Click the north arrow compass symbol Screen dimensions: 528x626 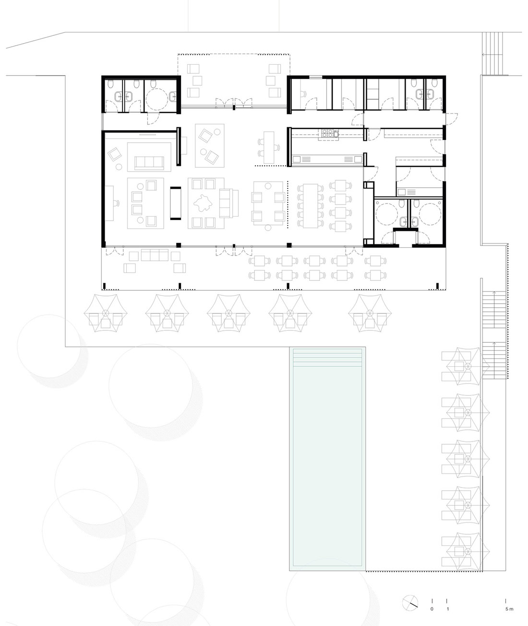pos(410,603)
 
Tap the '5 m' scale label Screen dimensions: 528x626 pos(509,609)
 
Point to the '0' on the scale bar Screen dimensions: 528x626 pos(432,609)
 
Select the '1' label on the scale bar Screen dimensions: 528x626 pos(447,609)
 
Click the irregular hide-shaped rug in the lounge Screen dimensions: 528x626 pos(203,203)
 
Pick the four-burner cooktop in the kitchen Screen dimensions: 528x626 pos(328,133)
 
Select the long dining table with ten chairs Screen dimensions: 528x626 pos(311,206)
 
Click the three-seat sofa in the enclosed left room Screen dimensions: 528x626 pos(149,162)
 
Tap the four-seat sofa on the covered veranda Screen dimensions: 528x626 pos(155,255)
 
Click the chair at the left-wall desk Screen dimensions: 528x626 pos(116,203)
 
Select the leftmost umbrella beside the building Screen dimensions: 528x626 pos(105,313)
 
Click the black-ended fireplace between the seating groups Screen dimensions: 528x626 pos(176,203)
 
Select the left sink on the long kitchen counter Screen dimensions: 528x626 pos(297,159)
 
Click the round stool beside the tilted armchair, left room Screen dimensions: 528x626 pos(119,167)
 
